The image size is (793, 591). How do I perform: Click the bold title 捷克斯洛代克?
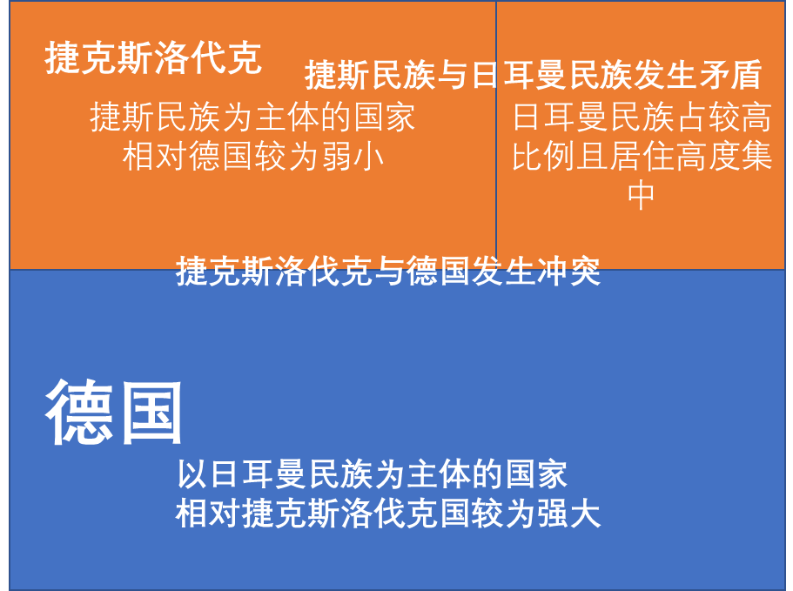click(153, 59)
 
